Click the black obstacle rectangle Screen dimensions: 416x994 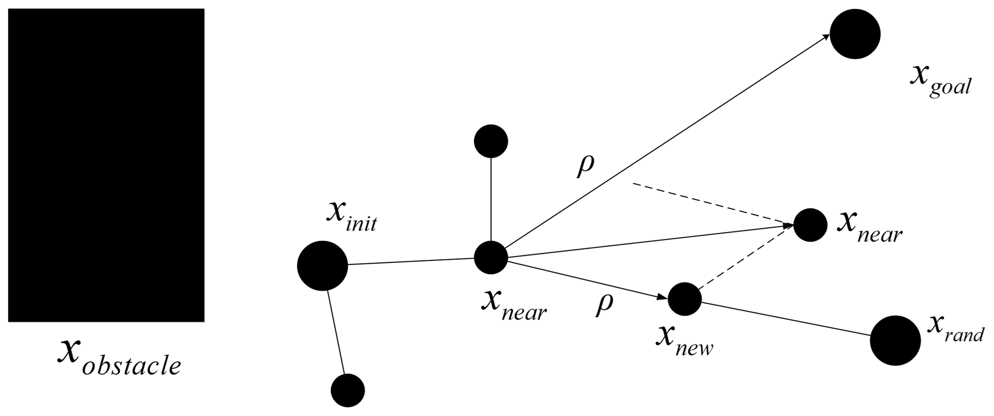click(x=106, y=165)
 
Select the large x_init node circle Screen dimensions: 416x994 click(x=322, y=266)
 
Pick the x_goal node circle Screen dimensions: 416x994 click(x=855, y=34)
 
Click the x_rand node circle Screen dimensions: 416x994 click(x=895, y=341)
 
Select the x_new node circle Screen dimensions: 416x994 click(x=684, y=299)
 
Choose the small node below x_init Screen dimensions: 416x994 click(x=348, y=390)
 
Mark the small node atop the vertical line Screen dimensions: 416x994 click(x=491, y=141)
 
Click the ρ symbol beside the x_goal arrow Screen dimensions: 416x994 click(x=585, y=166)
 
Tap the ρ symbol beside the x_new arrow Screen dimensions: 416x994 click(x=604, y=305)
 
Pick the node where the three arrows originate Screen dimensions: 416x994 click(x=491, y=257)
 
